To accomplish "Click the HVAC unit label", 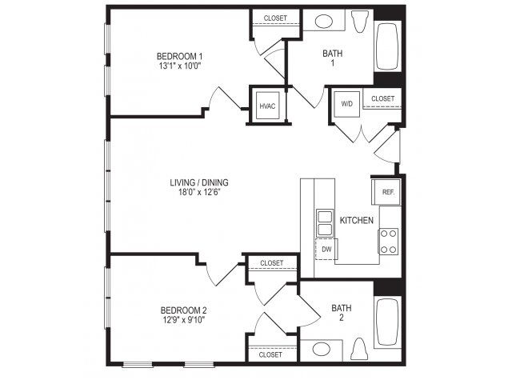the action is (267, 106).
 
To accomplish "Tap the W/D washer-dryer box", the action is (346, 104).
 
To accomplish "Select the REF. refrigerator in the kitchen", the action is (386, 192).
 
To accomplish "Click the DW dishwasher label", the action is (326, 250).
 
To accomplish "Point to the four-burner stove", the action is (389, 242).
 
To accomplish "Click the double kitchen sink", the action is (325, 223).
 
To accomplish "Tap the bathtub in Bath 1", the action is (387, 46).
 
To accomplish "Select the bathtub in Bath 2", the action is (387, 322).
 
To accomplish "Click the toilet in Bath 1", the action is (360, 22).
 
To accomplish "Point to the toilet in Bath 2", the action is (359, 349).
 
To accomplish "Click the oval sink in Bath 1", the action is (324, 22).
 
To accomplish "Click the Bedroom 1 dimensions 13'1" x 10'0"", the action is (179, 66).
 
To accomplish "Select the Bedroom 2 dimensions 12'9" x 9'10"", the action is (184, 320).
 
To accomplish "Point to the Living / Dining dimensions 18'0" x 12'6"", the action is (199, 192).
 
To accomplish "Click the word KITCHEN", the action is (357, 221).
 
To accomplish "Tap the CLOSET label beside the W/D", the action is (382, 98).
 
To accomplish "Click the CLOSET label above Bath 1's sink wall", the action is (275, 18).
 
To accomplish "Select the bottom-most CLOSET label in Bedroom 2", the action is (270, 354).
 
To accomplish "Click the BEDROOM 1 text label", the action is (182, 56).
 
